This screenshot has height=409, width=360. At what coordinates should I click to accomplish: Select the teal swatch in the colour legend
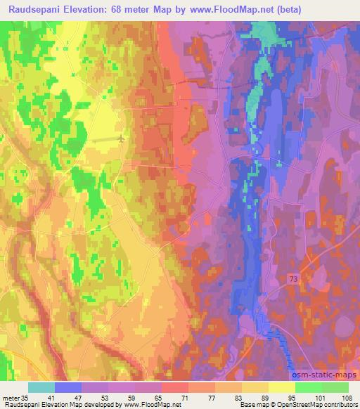[x=41, y=387]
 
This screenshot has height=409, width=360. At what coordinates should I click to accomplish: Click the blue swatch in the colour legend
[x=68, y=387]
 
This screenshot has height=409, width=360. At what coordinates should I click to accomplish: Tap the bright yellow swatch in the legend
[x=281, y=387]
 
